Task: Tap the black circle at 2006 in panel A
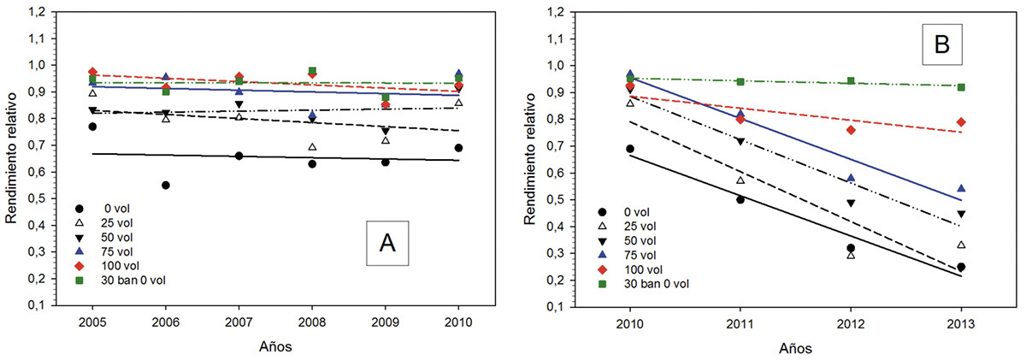pyautogui.click(x=165, y=185)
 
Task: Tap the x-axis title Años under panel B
pyautogui.click(x=795, y=348)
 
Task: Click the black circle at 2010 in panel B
pyautogui.click(x=630, y=149)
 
